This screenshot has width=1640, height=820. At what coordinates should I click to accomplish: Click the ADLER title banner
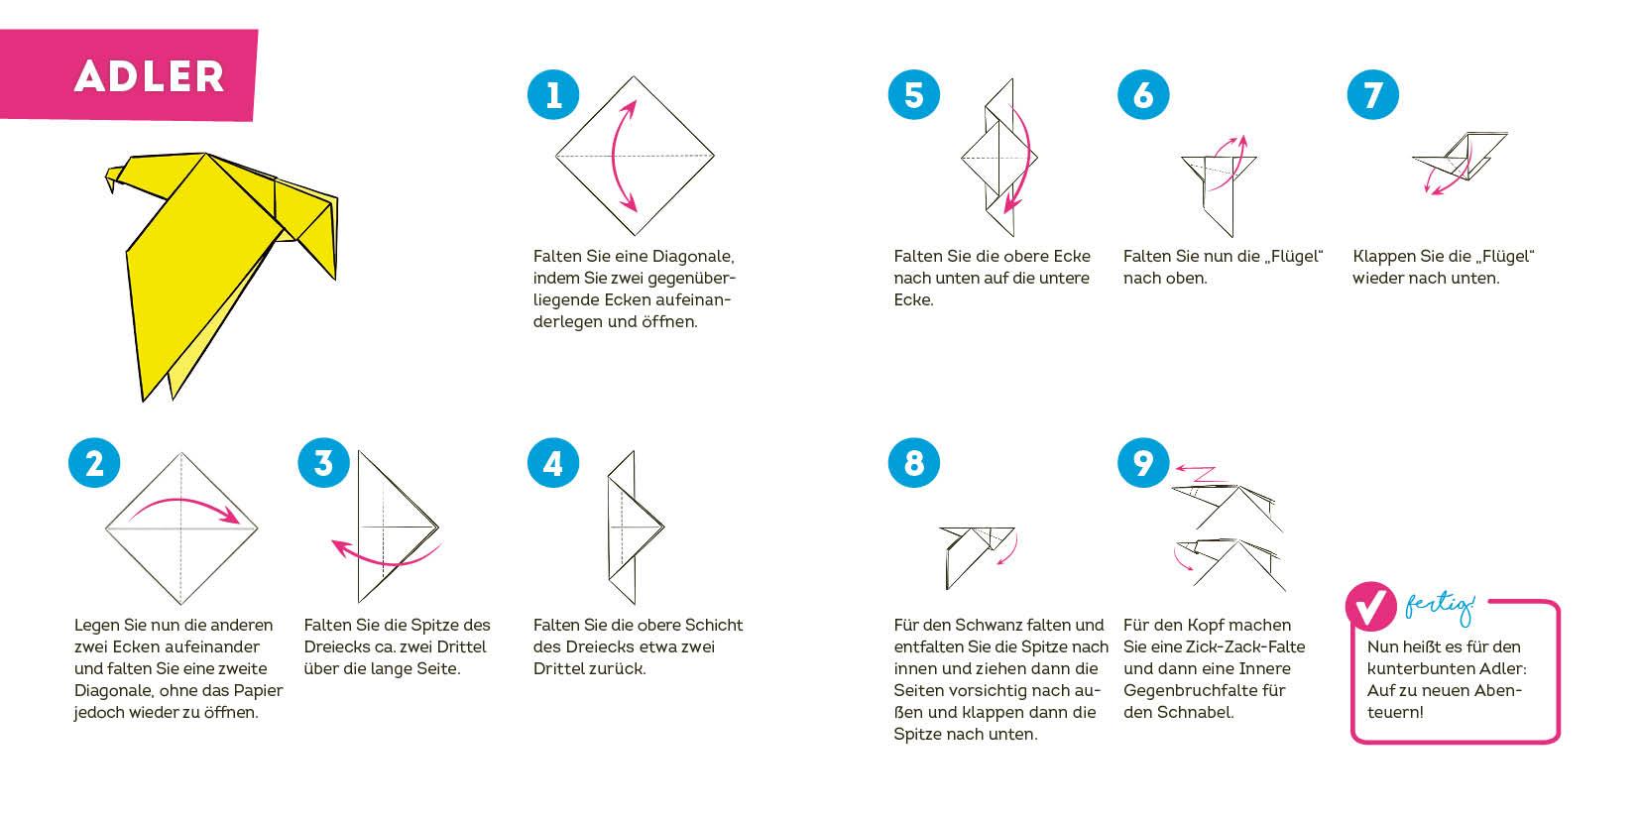(128, 74)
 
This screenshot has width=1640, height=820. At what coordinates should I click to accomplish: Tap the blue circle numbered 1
(553, 95)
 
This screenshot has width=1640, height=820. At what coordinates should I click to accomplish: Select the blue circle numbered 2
(94, 463)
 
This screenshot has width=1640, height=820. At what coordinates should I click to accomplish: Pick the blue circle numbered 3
(323, 463)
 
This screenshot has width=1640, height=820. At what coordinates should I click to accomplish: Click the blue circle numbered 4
(553, 463)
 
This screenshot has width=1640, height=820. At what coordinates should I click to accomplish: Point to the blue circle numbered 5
(914, 95)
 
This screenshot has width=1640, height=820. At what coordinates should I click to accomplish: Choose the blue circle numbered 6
(1143, 95)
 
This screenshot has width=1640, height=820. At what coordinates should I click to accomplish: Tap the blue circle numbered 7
(1372, 95)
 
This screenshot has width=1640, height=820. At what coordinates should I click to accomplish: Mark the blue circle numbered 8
(914, 463)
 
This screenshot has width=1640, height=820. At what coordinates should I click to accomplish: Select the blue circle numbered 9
(1143, 463)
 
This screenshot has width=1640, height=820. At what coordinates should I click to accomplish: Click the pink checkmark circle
(1370, 606)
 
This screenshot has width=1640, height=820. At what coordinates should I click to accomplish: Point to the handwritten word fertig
(1440, 609)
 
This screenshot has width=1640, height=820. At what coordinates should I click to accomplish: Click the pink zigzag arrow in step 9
(1201, 474)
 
